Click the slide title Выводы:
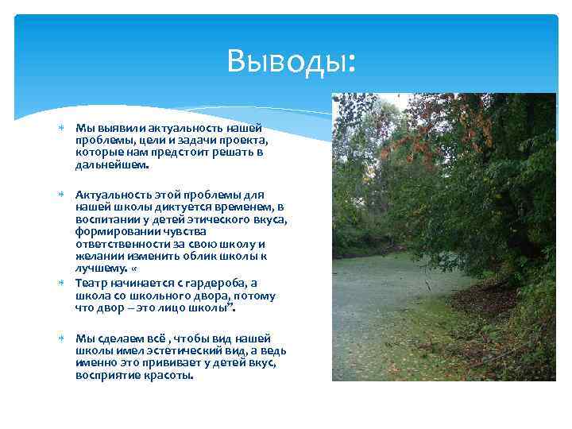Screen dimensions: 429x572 point(291,60)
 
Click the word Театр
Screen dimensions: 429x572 point(91,283)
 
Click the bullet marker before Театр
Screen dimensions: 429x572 point(61,283)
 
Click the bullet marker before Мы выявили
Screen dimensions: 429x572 point(61,128)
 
